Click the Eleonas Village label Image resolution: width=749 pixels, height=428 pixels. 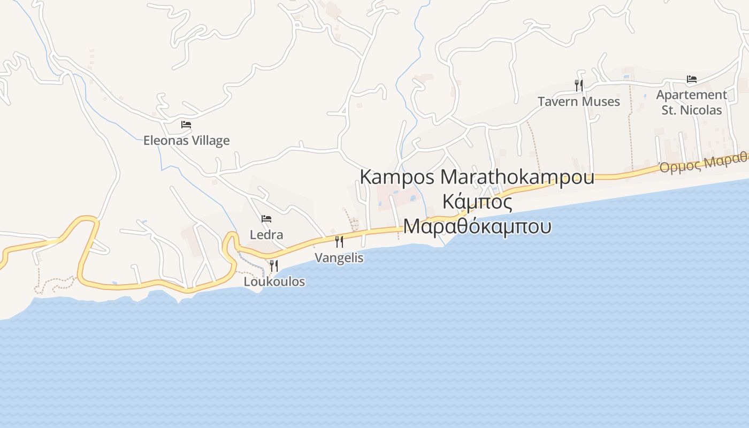pyautogui.click(x=186, y=141)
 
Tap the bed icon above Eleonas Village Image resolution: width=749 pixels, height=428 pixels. pyautogui.click(x=186, y=125)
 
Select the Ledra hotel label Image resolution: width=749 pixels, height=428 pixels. pyautogui.click(x=266, y=235)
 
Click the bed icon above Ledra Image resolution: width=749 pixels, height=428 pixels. pyautogui.click(x=266, y=219)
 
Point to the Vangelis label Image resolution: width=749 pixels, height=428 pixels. pyautogui.click(x=339, y=258)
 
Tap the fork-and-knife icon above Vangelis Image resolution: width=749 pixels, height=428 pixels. pyautogui.click(x=339, y=242)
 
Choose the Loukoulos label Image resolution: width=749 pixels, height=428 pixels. pyautogui.click(x=274, y=281)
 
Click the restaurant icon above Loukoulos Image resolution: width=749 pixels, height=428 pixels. pyautogui.click(x=273, y=265)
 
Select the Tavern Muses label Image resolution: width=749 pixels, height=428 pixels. pyautogui.click(x=578, y=102)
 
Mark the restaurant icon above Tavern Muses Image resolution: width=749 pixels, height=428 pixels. pyautogui.click(x=578, y=86)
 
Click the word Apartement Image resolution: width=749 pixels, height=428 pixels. pyautogui.click(x=692, y=95)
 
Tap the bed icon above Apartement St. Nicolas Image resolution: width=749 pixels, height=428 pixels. pyautogui.click(x=692, y=79)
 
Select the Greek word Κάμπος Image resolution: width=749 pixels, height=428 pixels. pyautogui.click(x=477, y=202)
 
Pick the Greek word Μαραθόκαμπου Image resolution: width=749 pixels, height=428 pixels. pyautogui.click(x=477, y=226)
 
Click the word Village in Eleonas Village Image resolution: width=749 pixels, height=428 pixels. pyautogui.click(x=210, y=141)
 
